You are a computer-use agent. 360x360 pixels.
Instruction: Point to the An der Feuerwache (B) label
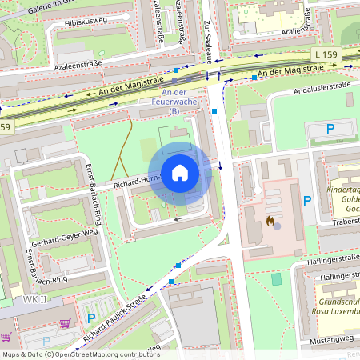coord(174,106)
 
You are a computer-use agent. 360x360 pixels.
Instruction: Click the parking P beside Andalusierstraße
coord(330,128)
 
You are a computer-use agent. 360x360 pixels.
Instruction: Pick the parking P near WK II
coord(90,318)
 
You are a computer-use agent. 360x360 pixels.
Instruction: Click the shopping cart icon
coord(66,324)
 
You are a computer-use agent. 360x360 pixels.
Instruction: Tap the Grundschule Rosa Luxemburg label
coord(336,306)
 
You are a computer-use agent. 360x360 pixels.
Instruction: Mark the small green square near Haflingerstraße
coord(277,279)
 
